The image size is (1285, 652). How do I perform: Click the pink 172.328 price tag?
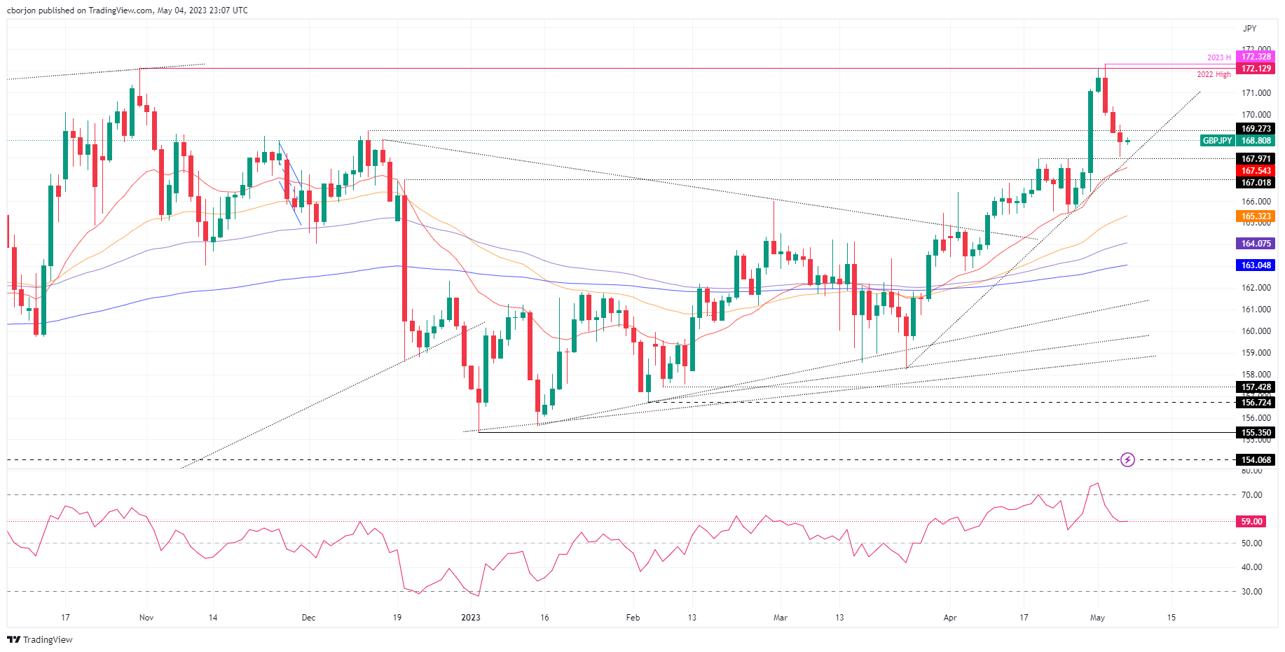(1256, 57)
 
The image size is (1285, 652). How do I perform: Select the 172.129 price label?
(1256, 69)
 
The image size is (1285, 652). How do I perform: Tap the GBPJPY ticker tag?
(1217, 141)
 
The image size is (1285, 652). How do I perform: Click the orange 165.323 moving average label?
(1256, 216)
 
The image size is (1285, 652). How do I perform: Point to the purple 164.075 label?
(1256, 244)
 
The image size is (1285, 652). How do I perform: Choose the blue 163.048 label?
(1256, 265)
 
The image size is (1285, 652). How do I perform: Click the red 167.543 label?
(1256, 171)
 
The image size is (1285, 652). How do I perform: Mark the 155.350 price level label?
(1256, 433)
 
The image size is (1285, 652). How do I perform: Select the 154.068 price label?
(1256, 460)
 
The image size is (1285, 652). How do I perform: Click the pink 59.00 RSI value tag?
(1251, 522)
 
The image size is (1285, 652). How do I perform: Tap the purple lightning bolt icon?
(1127, 460)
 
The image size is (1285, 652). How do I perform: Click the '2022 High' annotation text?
(1214, 74)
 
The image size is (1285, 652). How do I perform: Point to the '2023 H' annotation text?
(1218, 57)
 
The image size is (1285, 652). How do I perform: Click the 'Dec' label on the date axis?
(308, 618)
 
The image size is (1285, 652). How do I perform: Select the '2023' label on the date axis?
(471, 618)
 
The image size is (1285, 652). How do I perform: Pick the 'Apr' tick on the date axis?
(950, 618)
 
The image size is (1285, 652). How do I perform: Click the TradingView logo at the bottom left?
(40, 639)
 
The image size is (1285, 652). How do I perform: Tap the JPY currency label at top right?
(1249, 29)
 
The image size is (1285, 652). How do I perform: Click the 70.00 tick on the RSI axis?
(1251, 495)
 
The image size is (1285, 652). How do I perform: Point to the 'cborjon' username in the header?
(21, 11)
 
